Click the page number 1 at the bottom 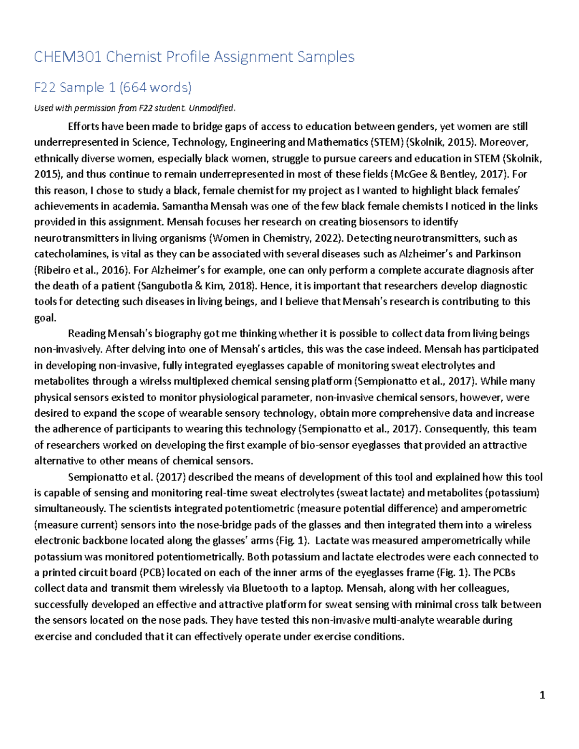542,695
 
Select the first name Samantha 186,206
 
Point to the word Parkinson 498,254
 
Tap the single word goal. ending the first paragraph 45,318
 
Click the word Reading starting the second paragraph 86,334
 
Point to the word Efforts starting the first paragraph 83,127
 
